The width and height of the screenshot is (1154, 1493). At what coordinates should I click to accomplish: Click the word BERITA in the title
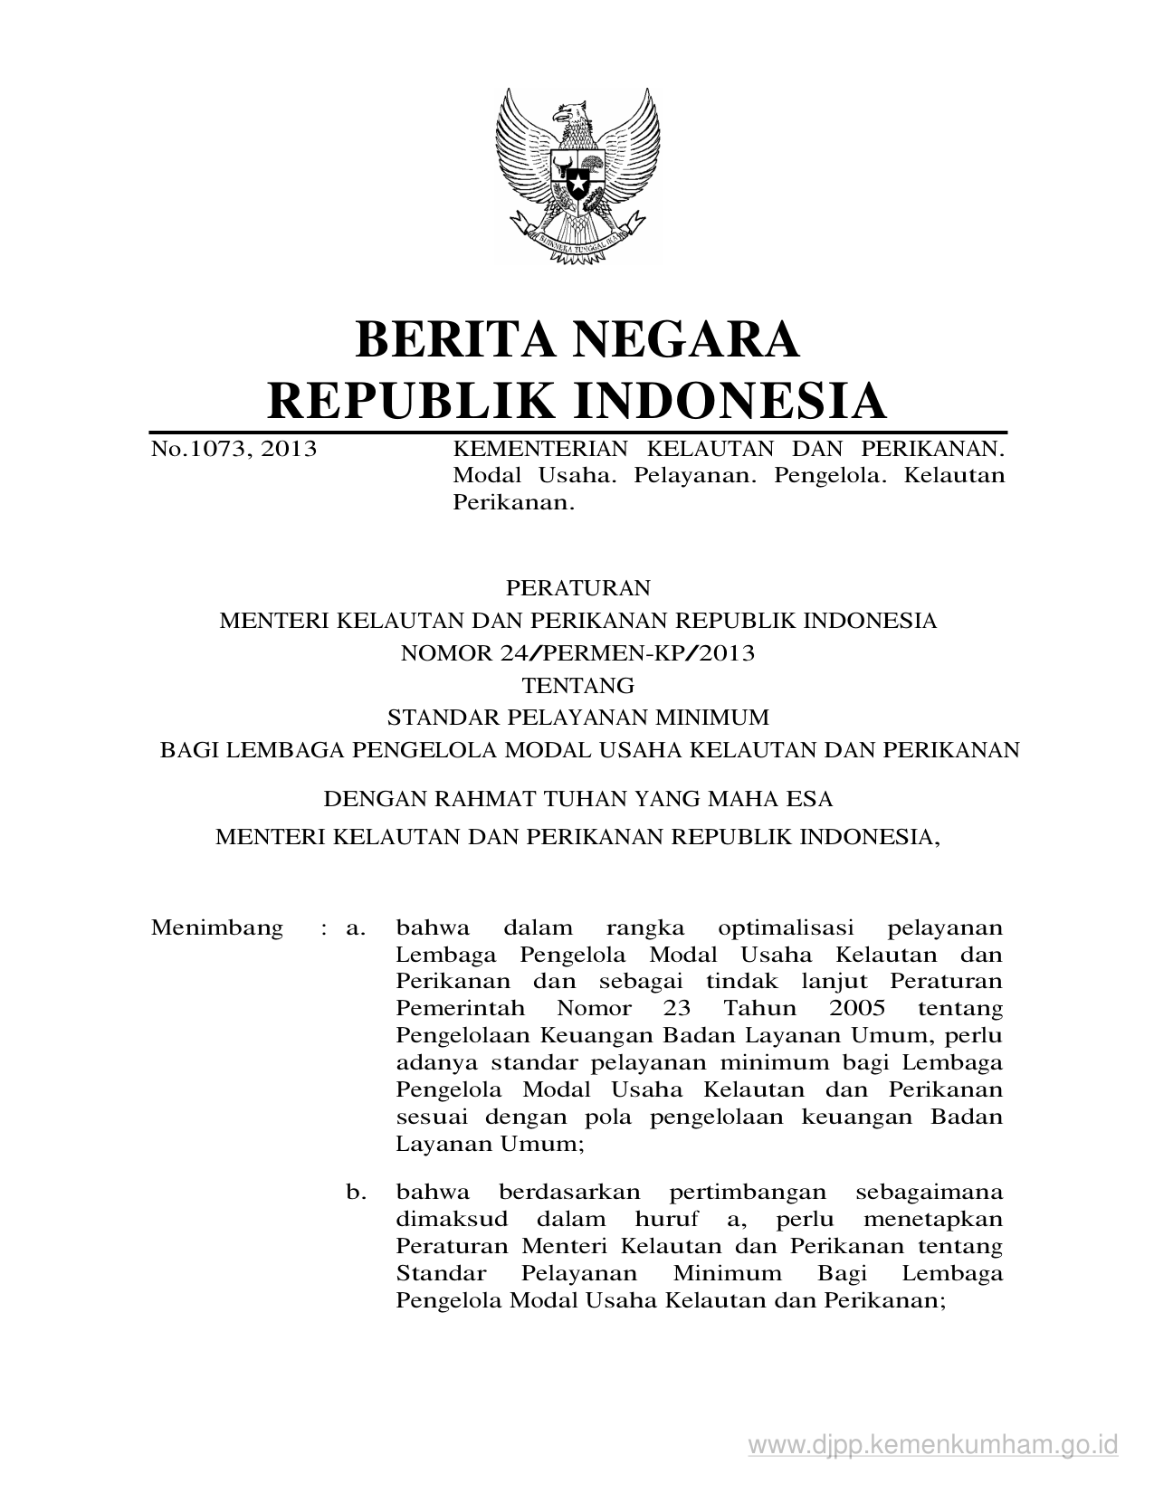[438, 339]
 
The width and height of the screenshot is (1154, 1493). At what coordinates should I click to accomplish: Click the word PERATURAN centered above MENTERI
[577, 588]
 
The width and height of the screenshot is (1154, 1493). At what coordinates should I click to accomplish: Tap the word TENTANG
[577, 686]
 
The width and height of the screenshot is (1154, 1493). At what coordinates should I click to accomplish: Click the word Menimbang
[217, 928]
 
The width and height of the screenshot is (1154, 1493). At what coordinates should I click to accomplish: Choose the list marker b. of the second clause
[356, 1193]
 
